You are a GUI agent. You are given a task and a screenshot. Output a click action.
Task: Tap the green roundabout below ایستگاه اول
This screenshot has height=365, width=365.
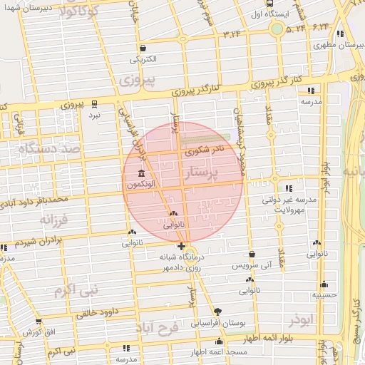coord(276,29)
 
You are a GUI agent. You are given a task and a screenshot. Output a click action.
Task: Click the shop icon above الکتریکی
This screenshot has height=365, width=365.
coord(145,48)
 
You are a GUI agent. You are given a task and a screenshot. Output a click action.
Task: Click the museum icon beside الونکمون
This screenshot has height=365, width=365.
coord(140,175)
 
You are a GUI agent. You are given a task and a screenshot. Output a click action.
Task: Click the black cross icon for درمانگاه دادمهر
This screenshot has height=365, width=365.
coord(182,247)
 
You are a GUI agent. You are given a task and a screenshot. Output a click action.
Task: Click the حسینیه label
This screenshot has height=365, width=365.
coord(324,294)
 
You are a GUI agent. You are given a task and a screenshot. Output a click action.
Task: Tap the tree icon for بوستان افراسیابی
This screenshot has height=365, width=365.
coord(217,312)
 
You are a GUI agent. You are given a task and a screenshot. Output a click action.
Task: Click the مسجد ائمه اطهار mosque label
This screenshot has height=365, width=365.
coord(218,353)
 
